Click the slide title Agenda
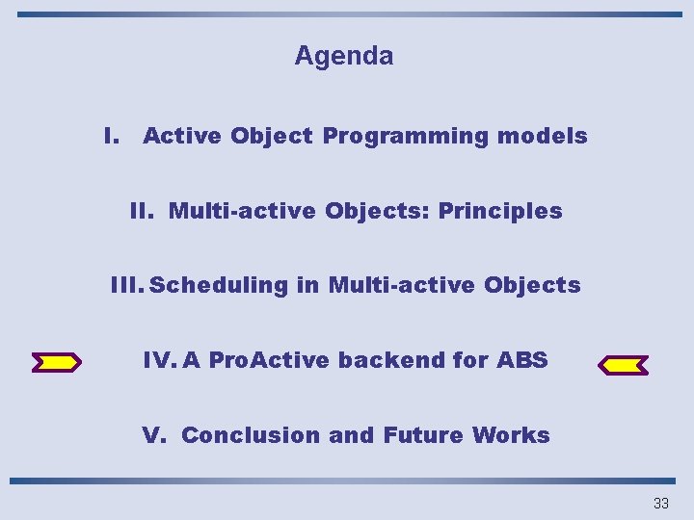[x=343, y=56]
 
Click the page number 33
[x=660, y=503]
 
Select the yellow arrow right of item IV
[x=623, y=365]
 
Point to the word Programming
[x=406, y=137]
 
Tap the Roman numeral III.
[x=126, y=285]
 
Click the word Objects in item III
[x=533, y=285]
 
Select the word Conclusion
[x=252, y=435]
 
